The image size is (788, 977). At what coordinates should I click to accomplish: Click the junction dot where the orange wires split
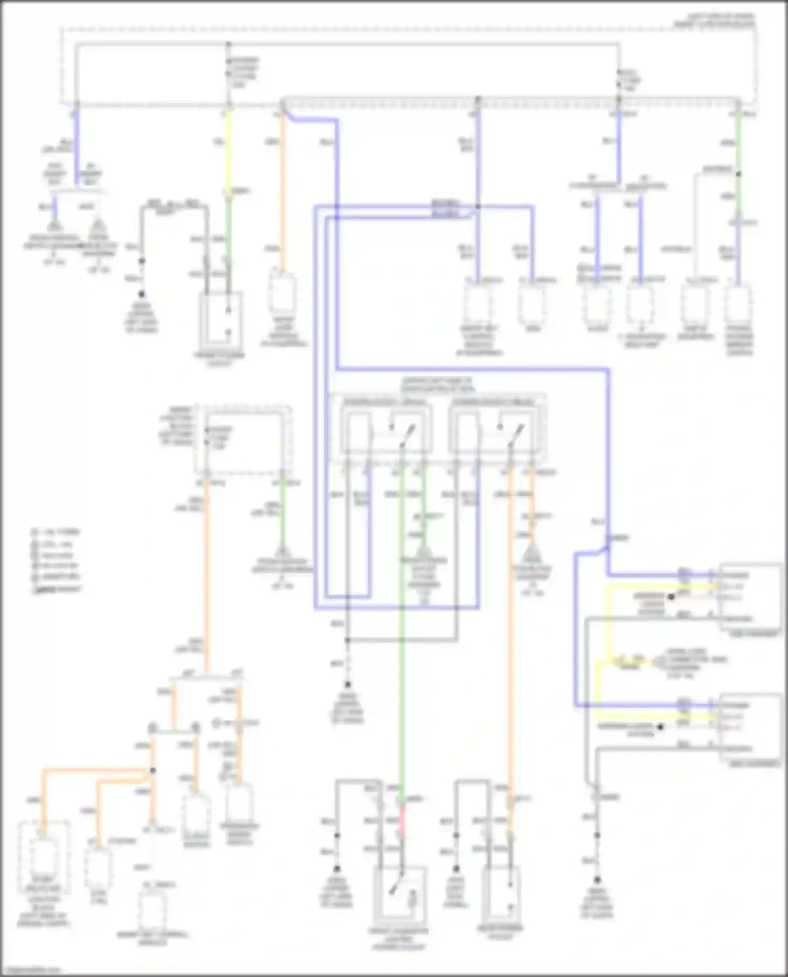(153, 771)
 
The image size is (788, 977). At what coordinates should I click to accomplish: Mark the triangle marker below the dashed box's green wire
(282, 552)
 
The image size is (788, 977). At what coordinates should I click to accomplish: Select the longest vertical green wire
(402, 630)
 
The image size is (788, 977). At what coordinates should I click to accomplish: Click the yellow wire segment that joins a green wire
(228, 152)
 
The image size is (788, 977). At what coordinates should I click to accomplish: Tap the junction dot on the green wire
(738, 174)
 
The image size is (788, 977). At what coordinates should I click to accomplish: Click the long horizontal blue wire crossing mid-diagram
(473, 369)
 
